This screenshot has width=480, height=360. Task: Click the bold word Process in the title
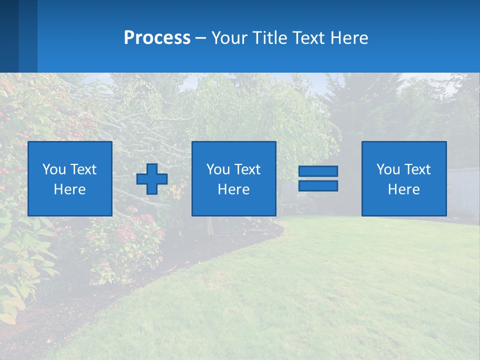tap(157, 38)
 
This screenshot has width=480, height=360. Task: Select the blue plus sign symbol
tap(152, 179)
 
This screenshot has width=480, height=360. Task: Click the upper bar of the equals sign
tap(318, 171)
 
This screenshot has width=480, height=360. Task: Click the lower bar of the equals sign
tap(318, 186)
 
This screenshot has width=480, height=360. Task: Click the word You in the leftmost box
tap(54, 169)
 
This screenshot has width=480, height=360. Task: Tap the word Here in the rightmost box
tap(403, 189)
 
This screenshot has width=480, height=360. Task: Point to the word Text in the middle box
tap(247, 169)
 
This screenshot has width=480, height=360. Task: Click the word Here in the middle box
tap(233, 189)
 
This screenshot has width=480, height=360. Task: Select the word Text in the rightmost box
tap(417, 169)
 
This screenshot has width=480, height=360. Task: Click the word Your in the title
tap(230, 38)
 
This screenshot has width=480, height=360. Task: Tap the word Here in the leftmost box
tap(69, 189)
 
